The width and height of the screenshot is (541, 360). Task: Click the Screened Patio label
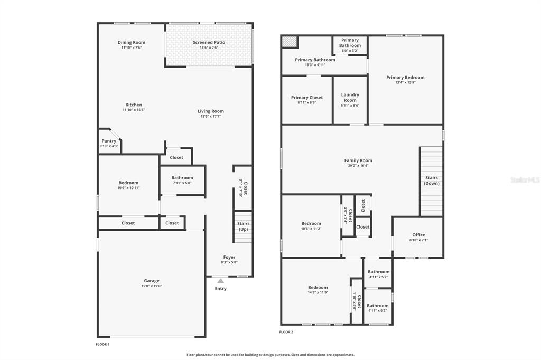pos(209,42)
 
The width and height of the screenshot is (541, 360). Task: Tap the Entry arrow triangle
pos(220,281)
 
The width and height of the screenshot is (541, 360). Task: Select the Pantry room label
pos(109,141)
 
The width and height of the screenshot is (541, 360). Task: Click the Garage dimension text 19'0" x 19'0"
pos(152,286)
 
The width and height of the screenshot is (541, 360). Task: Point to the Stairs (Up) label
pos(243,226)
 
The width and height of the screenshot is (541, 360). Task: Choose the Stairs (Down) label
pos(432,181)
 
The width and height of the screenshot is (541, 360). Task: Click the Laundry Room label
pos(350,97)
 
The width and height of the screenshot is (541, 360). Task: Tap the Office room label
pos(418,235)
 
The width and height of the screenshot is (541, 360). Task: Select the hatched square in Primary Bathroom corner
pos(290,42)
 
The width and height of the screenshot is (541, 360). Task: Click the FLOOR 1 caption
pos(102,344)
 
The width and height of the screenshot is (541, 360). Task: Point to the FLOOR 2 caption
pos(286,332)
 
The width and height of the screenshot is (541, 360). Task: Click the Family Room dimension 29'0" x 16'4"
pos(358,166)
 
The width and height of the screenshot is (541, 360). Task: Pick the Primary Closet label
pos(307,98)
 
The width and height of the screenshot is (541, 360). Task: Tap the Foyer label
pos(229,257)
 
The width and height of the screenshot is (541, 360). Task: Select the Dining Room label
pos(132,42)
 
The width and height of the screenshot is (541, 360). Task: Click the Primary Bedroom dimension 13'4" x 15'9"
pos(405,82)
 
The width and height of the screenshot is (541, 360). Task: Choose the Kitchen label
pos(134,105)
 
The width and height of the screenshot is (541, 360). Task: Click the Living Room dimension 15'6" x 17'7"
pos(210,117)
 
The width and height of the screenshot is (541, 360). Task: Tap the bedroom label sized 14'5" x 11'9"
pos(318,288)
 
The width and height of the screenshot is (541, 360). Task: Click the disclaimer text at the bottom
pos(270,355)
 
